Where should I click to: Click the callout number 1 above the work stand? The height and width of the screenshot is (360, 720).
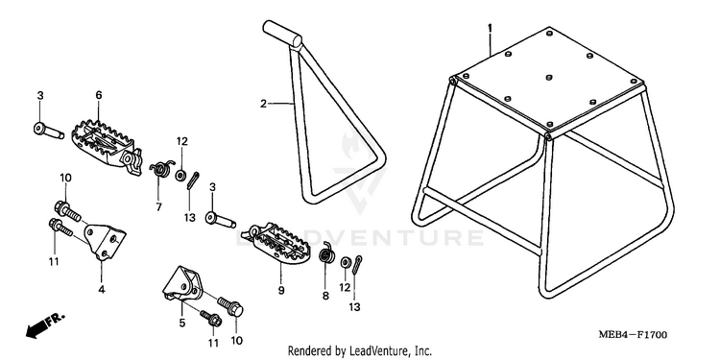click(490, 29)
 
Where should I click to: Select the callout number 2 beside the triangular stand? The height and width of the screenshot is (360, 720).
click(263, 104)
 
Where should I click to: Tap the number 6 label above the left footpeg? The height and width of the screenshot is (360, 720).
click(99, 95)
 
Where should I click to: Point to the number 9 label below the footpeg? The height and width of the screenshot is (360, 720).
click(281, 290)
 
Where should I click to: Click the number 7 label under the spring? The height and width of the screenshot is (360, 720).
click(158, 207)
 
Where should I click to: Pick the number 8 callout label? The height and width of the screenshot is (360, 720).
click(325, 297)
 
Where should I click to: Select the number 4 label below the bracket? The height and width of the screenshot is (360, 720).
click(102, 289)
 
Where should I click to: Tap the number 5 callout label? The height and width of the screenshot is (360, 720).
click(182, 323)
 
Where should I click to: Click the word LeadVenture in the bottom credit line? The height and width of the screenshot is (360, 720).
click(374, 350)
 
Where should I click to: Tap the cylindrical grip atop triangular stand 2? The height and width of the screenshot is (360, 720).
click(282, 33)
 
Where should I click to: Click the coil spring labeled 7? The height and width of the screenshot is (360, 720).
click(161, 168)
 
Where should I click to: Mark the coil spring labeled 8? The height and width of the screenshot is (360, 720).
click(326, 252)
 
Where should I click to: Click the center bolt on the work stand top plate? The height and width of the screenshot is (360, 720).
click(549, 78)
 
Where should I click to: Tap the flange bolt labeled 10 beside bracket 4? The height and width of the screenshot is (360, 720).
click(67, 210)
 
